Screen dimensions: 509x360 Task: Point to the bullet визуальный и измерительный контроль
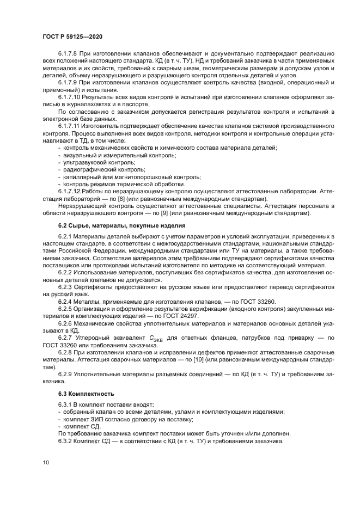pyautogui.click(x=120, y=155)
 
